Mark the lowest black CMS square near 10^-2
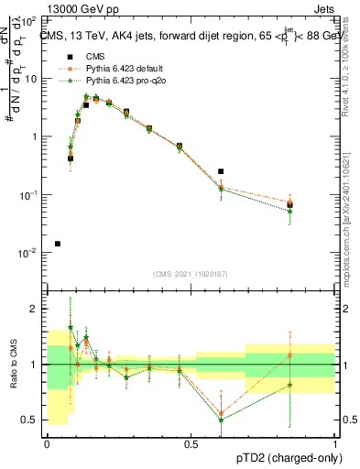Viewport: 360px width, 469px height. click(x=58, y=244)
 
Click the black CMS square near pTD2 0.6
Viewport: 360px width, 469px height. click(x=221, y=171)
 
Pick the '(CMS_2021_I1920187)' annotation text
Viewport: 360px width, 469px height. click(x=190, y=274)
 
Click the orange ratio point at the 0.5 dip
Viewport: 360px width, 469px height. click(x=221, y=413)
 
